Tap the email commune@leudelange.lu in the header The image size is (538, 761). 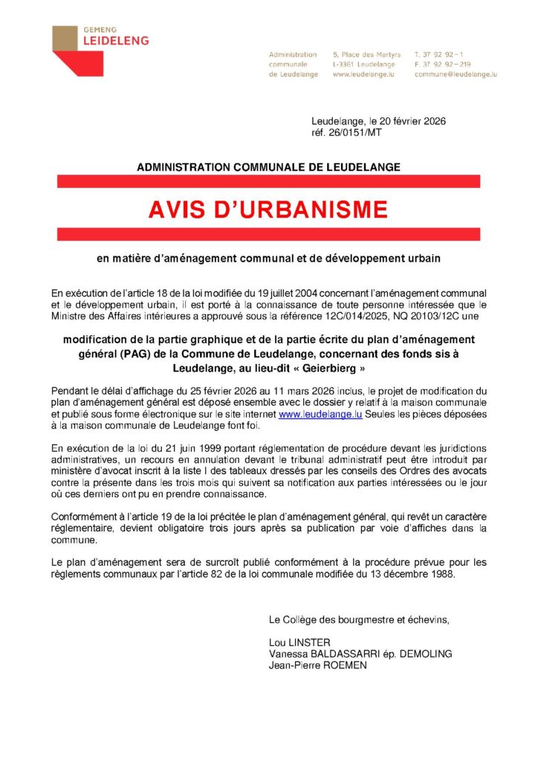click(456, 74)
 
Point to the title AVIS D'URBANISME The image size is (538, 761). click(268, 210)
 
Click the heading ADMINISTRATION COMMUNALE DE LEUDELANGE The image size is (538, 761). click(268, 167)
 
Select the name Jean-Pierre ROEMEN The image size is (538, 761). click(318, 665)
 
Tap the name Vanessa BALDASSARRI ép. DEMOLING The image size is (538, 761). click(360, 654)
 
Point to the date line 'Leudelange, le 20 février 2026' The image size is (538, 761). click(378, 122)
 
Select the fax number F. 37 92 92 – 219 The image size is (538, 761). click(443, 65)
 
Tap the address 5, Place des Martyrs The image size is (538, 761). click(367, 55)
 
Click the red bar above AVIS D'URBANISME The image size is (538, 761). click(268, 181)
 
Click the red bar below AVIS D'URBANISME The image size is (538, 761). click(268, 235)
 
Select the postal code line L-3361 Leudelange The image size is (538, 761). click(364, 65)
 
